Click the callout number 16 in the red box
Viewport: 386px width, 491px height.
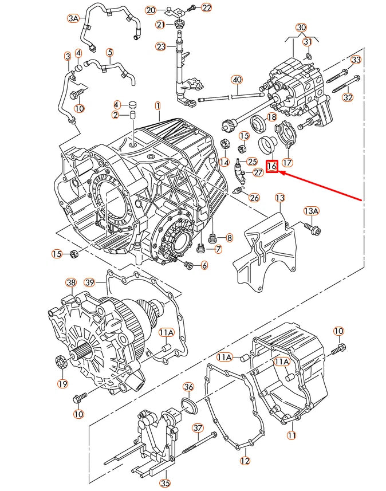[272, 167]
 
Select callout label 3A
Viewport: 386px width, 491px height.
[73, 18]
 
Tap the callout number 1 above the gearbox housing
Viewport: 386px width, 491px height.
[157, 105]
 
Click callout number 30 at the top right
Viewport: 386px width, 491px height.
[301, 28]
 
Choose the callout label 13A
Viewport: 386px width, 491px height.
[310, 211]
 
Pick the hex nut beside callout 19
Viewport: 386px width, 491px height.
[62, 363]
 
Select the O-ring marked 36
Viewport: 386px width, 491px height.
[189, 406]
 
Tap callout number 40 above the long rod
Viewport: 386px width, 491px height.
[237, 79]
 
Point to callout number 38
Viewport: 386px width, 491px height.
[70, 282]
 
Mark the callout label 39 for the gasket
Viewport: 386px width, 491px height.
[89, 282]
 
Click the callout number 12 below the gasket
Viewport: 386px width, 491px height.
[245, 461]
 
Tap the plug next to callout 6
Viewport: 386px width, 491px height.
[188, 265]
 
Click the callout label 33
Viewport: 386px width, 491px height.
[356, 60]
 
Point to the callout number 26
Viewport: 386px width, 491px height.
[254, 198]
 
